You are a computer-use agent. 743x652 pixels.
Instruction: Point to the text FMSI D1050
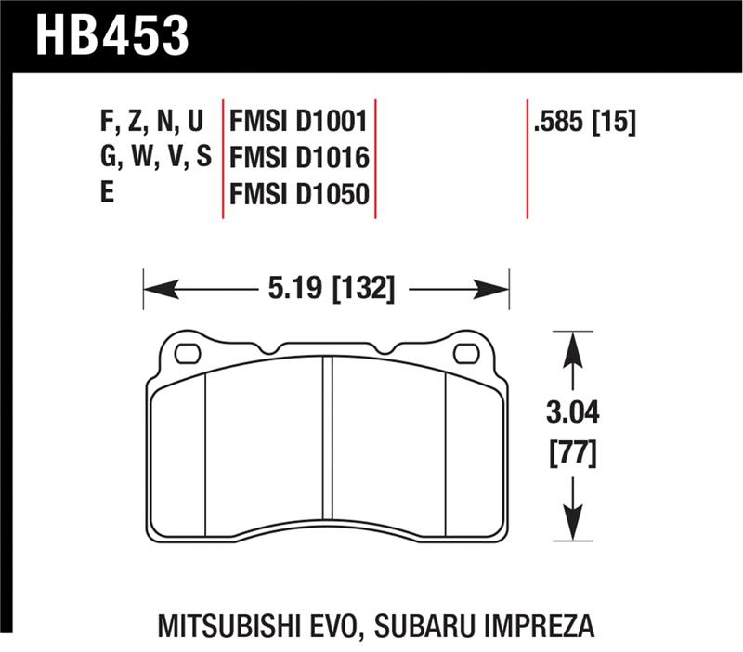tap(298, 193)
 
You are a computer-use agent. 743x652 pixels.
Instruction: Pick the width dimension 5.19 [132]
tap(332, 290)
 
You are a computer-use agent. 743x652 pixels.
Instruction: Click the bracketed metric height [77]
tap(574, 455)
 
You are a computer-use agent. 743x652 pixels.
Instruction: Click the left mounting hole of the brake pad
tap(189, 353)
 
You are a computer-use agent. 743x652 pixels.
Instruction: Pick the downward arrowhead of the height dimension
tap(574, 521)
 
